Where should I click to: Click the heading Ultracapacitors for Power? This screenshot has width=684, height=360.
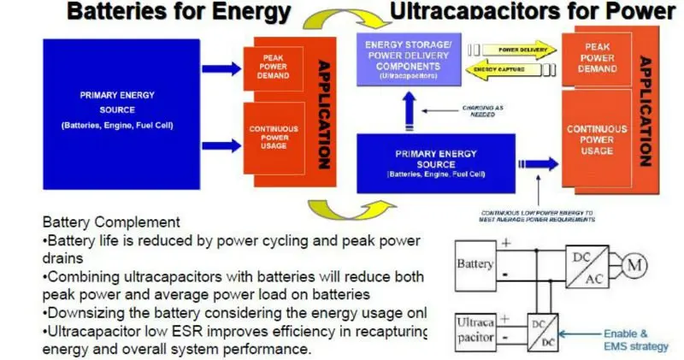pyautogui.click(x=532, y=12)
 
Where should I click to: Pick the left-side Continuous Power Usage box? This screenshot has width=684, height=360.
pyautogui.click(x=267, y=138)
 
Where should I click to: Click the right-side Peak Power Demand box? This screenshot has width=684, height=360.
pyautogui.click(x=597, y=57)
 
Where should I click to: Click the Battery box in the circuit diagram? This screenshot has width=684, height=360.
pyautogui.click(x=475, y=266)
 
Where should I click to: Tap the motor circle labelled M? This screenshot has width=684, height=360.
pyautogui.click(x=636, y=265)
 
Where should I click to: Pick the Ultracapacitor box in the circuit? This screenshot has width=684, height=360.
pyautogui.click(x=475, y=330)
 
